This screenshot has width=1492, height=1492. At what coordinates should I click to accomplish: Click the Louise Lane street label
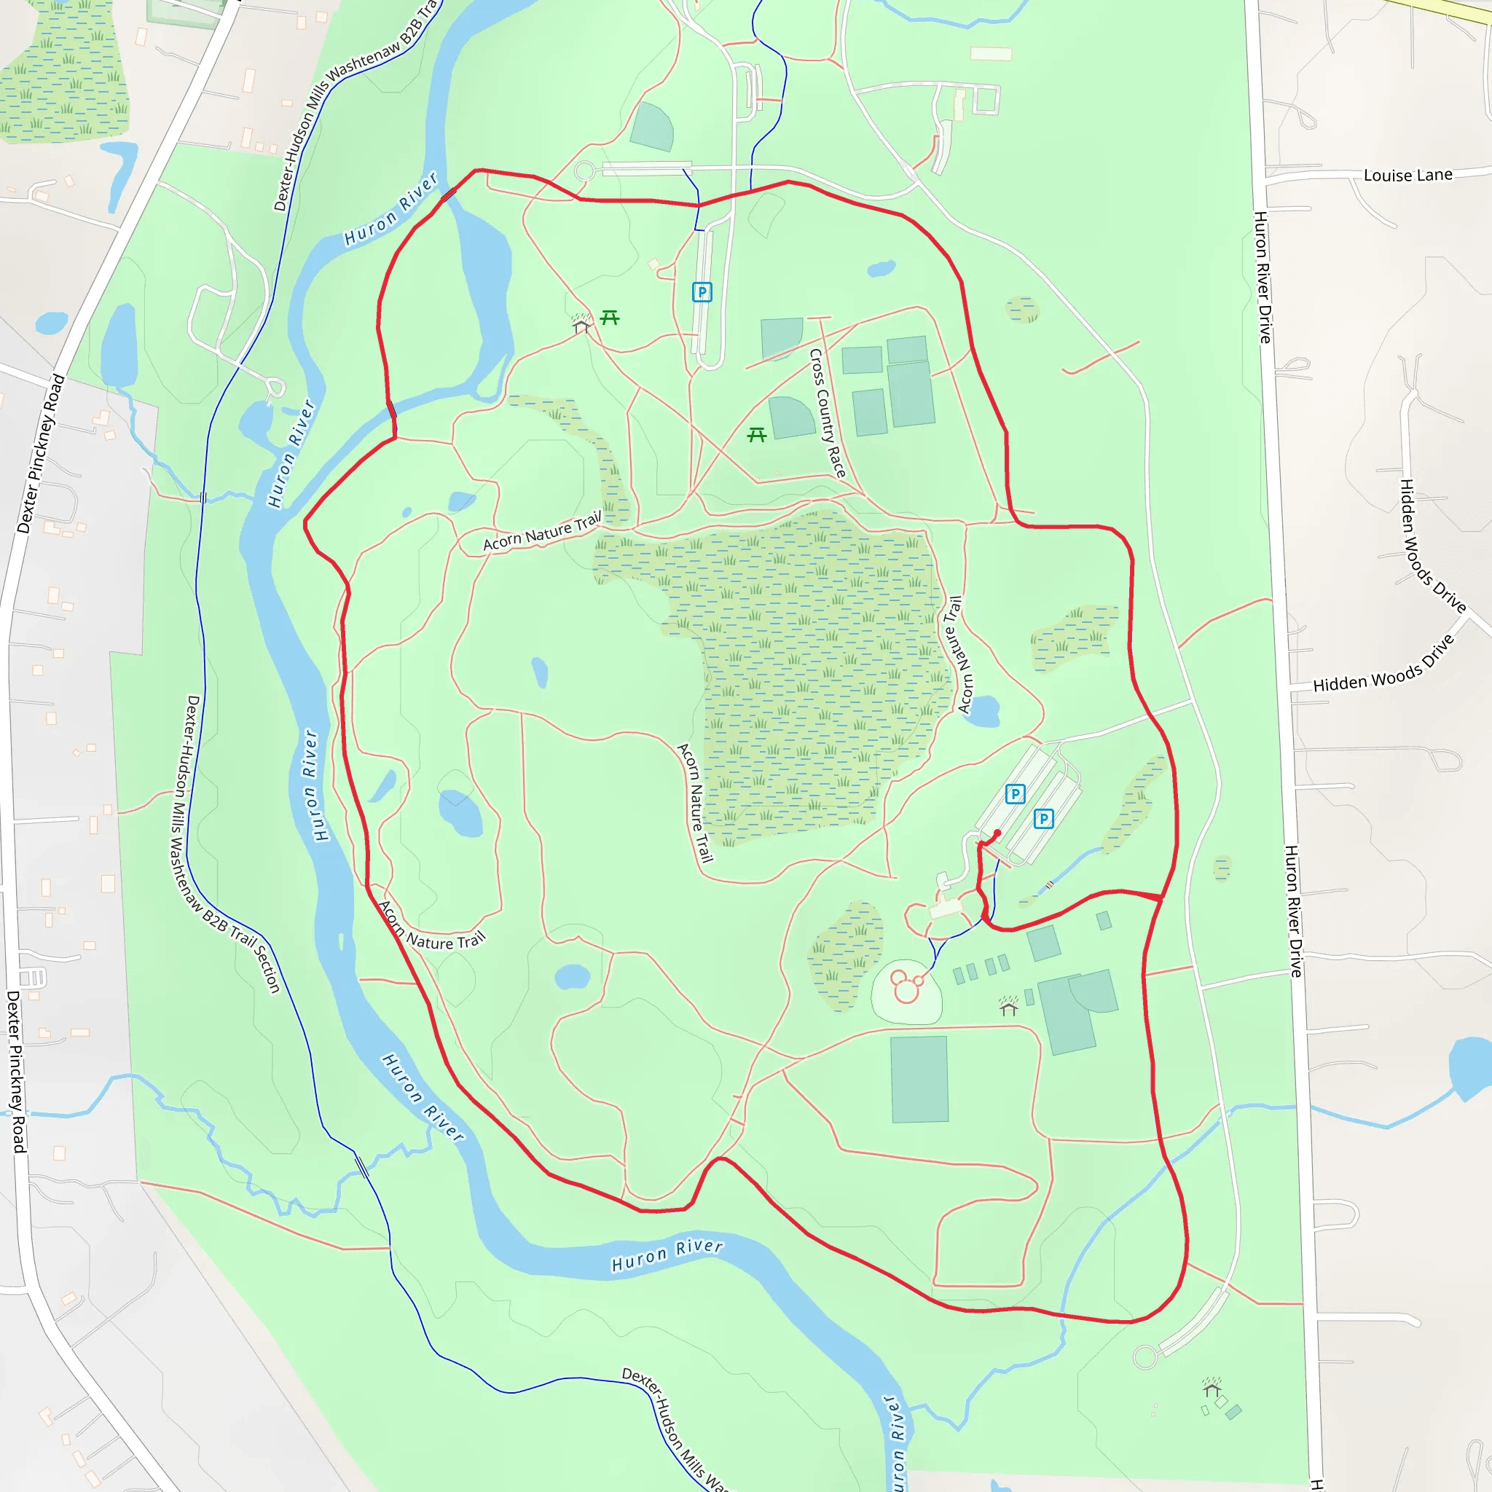click(1407, 176)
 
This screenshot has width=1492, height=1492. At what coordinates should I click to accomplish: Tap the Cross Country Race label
click(827, 412)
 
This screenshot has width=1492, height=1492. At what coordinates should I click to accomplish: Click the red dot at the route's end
click(997, 833)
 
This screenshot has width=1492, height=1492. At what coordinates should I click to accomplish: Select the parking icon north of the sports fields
click(702, 292)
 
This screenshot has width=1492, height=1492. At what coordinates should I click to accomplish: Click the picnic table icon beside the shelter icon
click(609, 318)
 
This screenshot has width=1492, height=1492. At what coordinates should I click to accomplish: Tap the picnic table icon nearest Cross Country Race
click(757, 435)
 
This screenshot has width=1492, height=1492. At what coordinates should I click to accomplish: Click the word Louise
click(1388, 176)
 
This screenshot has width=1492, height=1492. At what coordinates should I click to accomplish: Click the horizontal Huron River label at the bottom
click(667, 1256)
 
